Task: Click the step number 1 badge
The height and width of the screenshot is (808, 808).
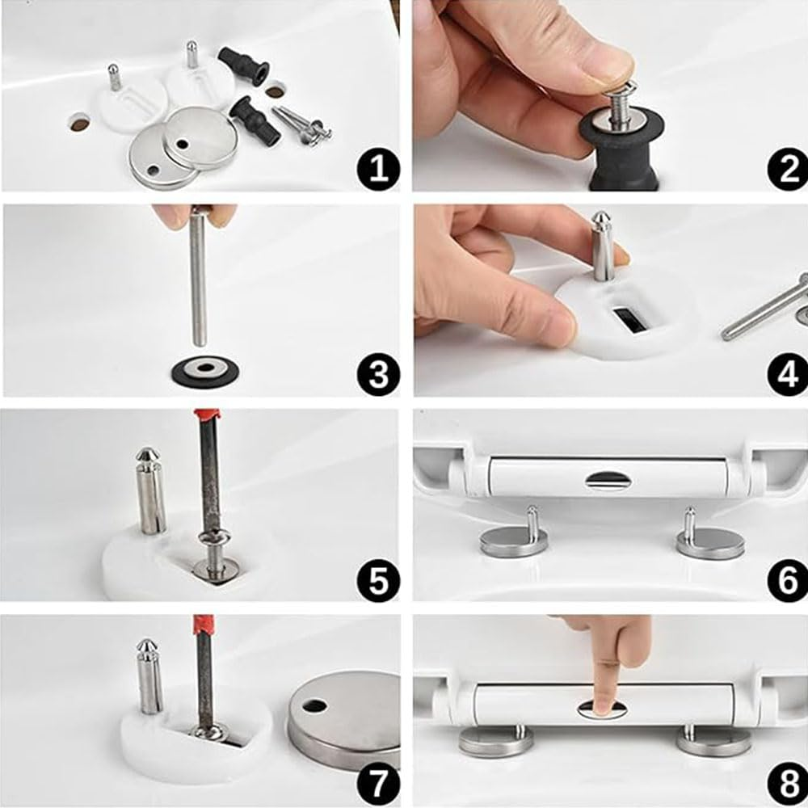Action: click(x=378, y=170)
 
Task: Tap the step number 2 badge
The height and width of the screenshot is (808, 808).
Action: click(x=788, y=170)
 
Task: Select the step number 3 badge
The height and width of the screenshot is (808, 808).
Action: click(x=378, y=375)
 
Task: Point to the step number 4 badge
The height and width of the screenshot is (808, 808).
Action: click(x=788, y=375)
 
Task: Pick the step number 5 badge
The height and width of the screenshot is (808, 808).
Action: click(x=378, y=580)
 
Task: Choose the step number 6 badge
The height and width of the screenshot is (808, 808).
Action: click(x=788, y=580)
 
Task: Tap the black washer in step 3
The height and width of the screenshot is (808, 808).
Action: click(x=205, y=370)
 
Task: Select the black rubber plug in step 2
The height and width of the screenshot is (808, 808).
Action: click(x=621, y=149)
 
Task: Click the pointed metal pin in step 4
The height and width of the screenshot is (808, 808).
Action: click(x=601, y=246)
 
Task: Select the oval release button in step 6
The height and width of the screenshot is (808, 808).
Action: click(x=605, y=481)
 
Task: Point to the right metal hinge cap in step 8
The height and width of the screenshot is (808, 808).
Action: click(x=713, y=741)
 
